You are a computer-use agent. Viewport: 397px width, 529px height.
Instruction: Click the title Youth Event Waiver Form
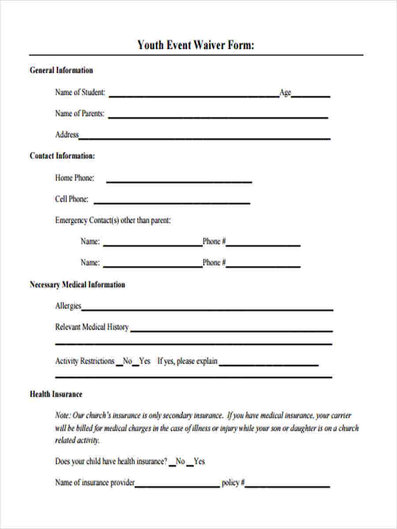point(196,45)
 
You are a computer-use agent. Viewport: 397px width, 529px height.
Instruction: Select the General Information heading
point(61,70)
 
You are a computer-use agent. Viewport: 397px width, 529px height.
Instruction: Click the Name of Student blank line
point(194,95)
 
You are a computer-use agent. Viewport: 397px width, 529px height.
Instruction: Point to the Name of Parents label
point(80,114)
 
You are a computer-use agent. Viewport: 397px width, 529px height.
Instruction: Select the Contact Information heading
point(62,156)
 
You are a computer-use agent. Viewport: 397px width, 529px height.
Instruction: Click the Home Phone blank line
point(179,181)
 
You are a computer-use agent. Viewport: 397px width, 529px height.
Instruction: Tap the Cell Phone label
point(71,199)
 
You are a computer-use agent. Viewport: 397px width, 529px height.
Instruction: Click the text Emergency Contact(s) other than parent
point(113,220)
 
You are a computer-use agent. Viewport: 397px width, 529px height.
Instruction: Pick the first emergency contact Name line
point(152,245)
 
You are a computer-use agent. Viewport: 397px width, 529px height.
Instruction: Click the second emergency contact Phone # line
point(263,266)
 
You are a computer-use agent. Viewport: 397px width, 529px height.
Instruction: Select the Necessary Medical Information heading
point(77,285)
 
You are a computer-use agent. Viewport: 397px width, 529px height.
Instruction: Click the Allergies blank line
point(207,309)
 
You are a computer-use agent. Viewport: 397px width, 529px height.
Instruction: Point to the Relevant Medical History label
point(92,327)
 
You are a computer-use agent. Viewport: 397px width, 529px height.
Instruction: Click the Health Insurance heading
point(56,394)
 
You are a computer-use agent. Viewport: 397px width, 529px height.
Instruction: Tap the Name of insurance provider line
point(177,486)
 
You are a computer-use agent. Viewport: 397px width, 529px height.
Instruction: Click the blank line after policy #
point(288,486)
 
